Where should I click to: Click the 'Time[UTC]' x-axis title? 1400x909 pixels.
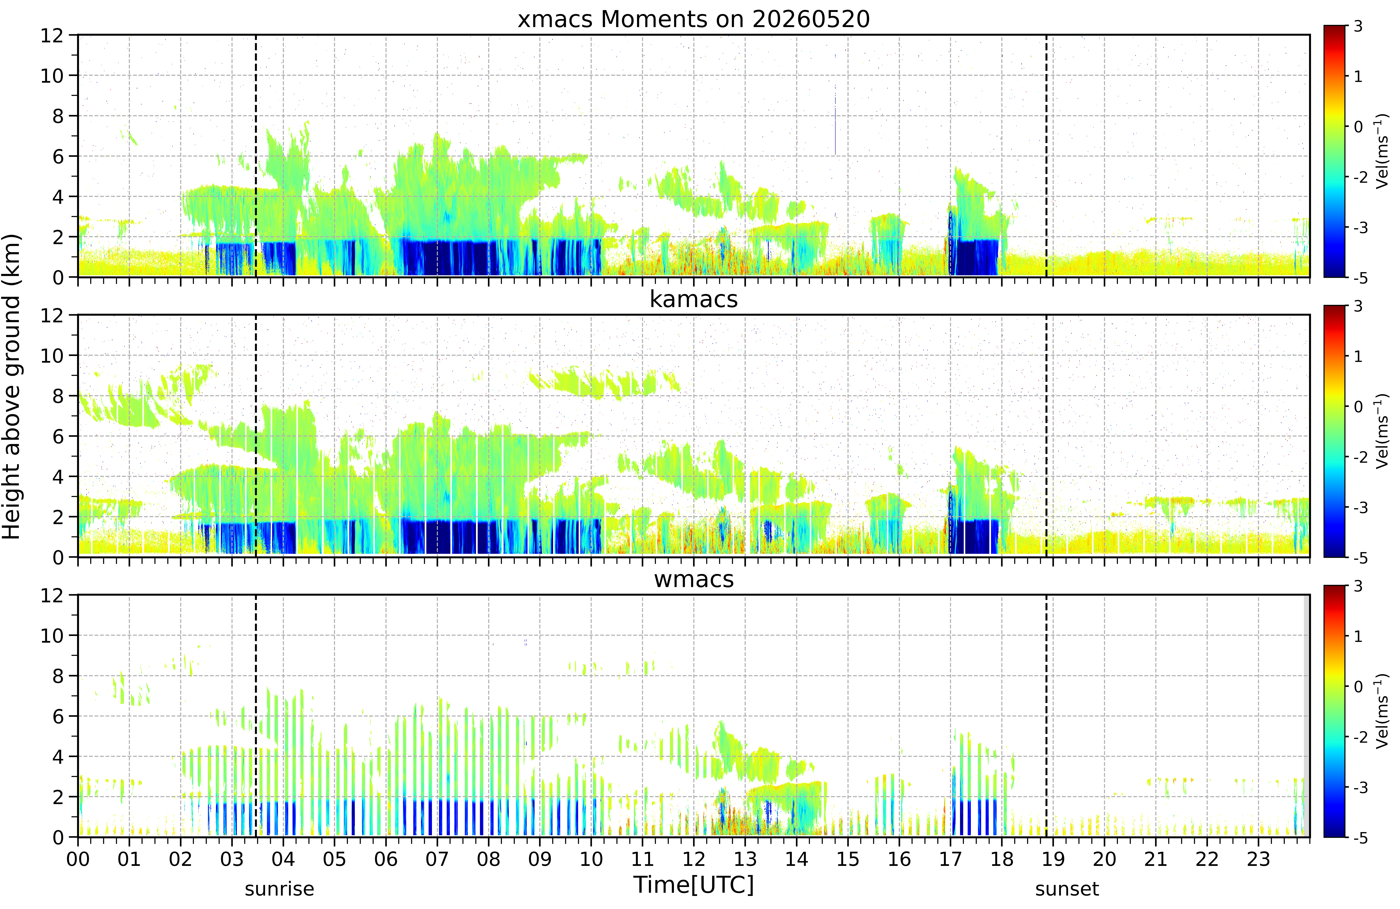(x=693, y=884)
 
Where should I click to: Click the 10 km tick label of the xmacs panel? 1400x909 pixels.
(x=52, y=75)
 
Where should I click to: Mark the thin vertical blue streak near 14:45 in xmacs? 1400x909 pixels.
(x=835, y=120)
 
